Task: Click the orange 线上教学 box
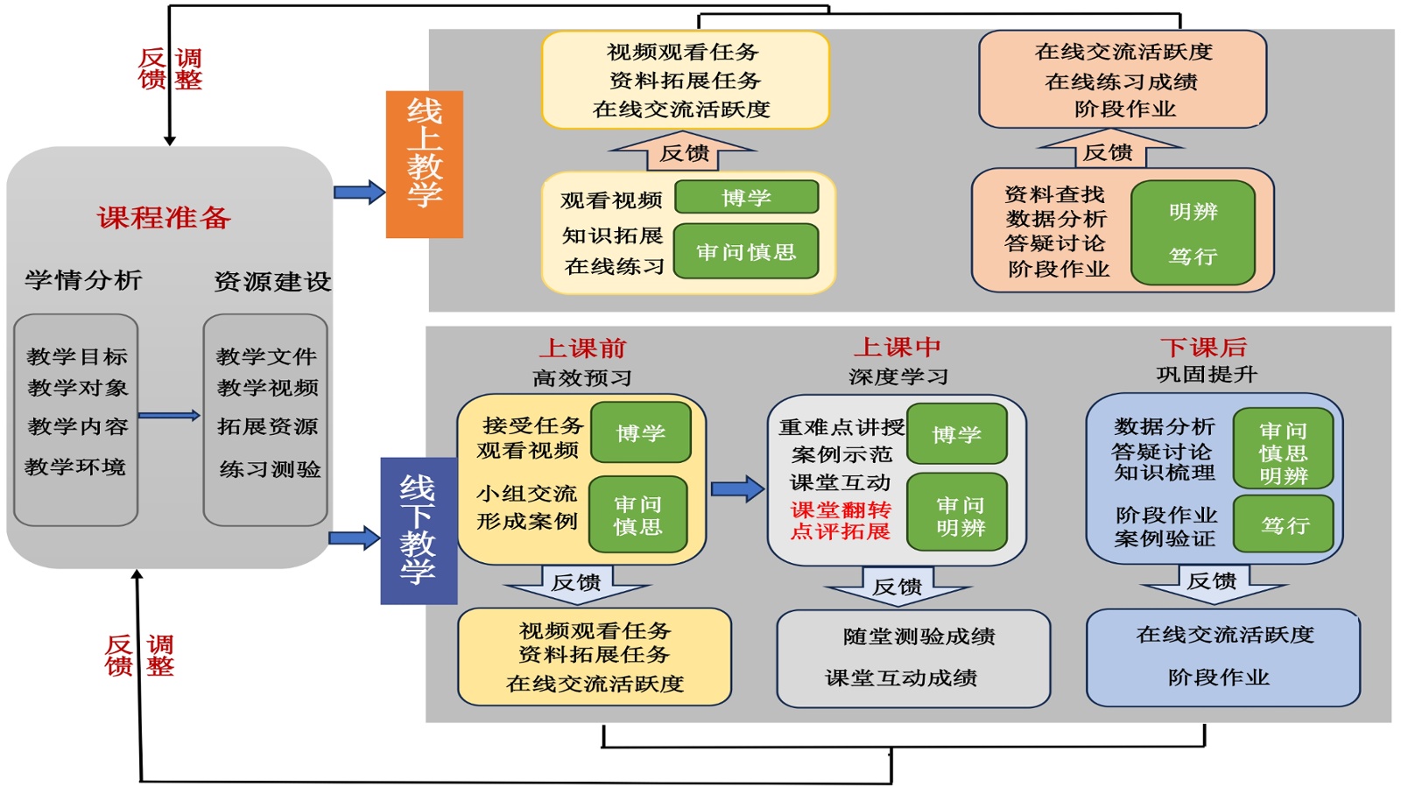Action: coord(424,164)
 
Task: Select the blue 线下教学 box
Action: coord(419,531)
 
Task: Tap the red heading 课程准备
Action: coord(164,217)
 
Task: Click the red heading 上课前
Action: coord(582,348)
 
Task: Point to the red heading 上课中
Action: coord(898,348)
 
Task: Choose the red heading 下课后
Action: coord(1203,348)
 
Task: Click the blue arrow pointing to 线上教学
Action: coord(359,192)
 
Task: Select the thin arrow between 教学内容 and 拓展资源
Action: coord(169,416)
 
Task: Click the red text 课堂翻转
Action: coord(841,509)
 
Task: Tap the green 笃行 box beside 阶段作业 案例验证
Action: coord(1284,524)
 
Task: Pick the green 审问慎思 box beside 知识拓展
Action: coord(746,252)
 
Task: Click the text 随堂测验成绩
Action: coord(919,636)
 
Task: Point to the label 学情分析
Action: coord(83,280)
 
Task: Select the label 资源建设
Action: coord(272,281)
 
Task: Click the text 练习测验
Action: coord(270,469)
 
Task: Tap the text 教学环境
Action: coord(75,467)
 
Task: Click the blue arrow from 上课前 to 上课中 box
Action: coord(737,488)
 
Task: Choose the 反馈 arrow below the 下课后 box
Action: coord(1212,583)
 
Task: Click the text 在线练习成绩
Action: coord(1121,81)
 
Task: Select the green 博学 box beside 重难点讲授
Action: coord(956,434)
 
